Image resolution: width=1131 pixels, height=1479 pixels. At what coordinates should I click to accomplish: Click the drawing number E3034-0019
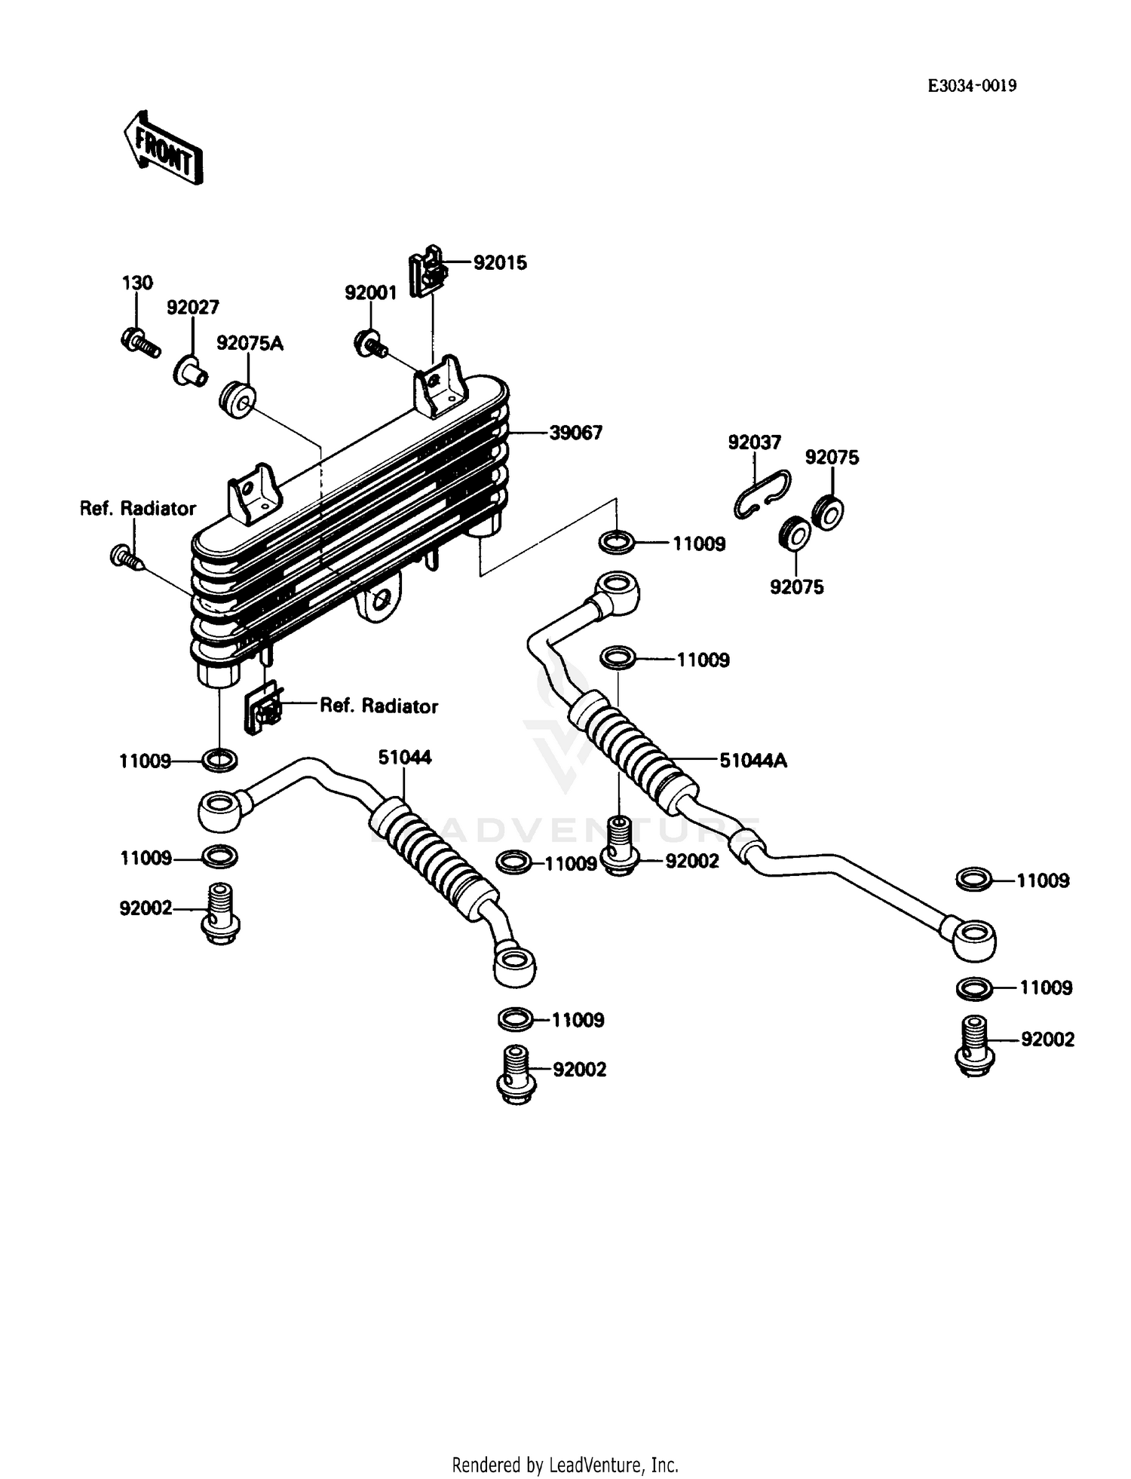971,86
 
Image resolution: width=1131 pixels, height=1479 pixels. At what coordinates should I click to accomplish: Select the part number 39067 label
575,433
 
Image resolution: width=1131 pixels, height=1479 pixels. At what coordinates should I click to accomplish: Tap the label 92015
500,263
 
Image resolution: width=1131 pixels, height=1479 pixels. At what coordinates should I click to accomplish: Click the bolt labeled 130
139,343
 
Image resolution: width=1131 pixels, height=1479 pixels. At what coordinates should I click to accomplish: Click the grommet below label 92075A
238,400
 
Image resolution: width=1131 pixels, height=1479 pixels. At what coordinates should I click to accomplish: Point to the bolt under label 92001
369,344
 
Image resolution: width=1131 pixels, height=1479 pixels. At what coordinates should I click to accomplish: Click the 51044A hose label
752,761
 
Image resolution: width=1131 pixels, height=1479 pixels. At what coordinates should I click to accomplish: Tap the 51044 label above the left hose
405,758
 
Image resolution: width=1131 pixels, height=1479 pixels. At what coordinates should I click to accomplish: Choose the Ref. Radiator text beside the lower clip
379,706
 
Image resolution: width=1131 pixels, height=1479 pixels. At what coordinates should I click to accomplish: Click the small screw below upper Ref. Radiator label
124,559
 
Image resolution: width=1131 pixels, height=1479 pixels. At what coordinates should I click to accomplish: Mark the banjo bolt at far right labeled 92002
974,1044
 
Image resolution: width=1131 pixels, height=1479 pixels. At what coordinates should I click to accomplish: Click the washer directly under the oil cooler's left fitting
219,760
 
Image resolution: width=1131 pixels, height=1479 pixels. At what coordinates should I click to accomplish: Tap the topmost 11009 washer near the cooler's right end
617,541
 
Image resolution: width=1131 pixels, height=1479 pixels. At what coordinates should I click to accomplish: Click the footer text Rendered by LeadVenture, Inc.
565,1465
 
